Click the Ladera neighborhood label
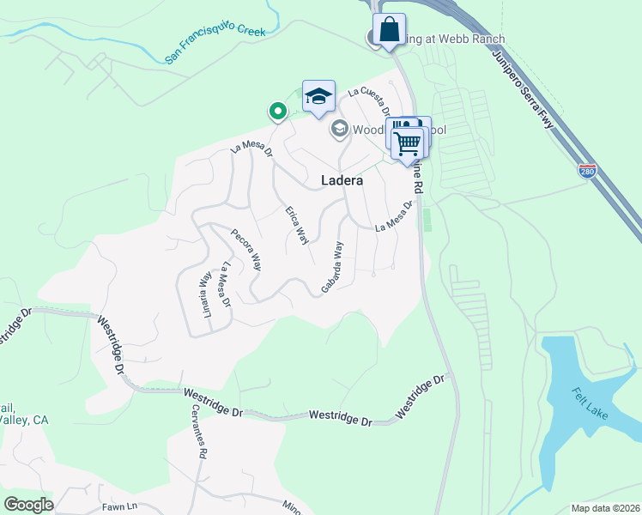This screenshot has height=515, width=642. click(342, 181)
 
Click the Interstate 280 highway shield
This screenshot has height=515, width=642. click(587, 171)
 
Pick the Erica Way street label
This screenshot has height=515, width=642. click(297, 225)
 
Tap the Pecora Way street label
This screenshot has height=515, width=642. click(246, 250)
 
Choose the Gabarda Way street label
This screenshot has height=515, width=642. click(332, 267)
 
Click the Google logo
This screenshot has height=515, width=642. click(27, 505)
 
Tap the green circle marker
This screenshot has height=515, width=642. click(277, 111)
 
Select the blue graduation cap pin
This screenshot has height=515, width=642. click(318, 97)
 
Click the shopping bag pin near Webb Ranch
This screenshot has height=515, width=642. click(389, 30)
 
